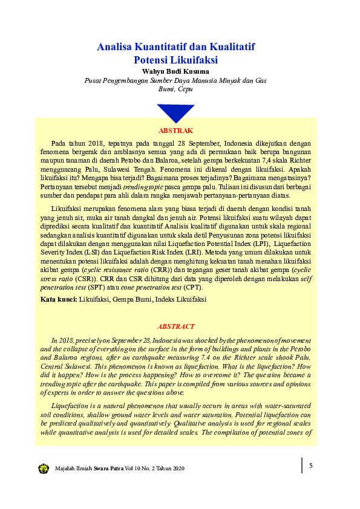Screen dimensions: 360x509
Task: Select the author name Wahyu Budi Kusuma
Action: (175, 71)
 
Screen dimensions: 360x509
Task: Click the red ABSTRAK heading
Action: (175, 131)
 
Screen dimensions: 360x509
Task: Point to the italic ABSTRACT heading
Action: (175, 326)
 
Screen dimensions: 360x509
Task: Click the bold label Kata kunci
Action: (58, 299)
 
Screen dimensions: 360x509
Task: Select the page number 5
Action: (310, 465)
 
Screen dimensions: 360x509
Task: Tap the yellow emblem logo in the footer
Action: (44, 468)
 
